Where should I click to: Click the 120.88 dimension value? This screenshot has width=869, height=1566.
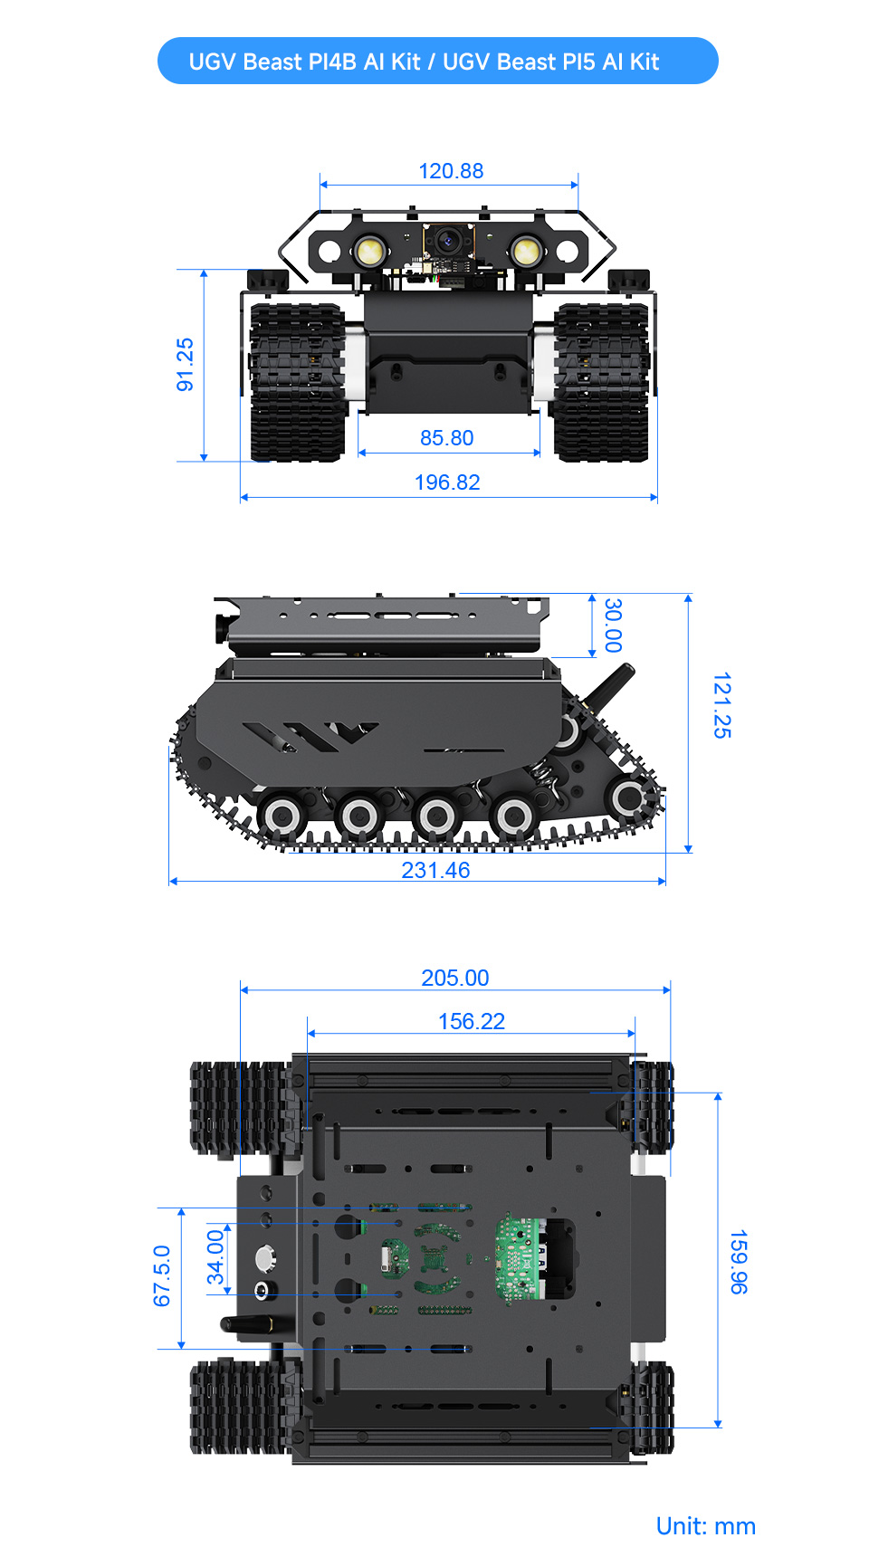click(451, 171)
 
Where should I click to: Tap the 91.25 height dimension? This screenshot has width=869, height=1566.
click(185, 365)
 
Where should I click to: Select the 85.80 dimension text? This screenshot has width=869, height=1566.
click(446, 438)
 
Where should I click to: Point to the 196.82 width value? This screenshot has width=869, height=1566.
click(447, 482)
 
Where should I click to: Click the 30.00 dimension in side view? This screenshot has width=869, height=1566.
click(614, 625)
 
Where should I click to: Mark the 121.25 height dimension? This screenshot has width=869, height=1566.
click(721, 705)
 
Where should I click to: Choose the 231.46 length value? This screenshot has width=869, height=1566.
click(435, 870)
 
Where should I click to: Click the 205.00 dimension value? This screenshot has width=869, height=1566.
click(454, 978)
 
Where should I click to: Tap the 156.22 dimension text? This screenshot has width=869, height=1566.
click(471, 1021)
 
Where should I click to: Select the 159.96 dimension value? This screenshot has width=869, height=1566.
click(739, 1261)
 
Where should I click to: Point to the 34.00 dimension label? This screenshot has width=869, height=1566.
click(215, 1257)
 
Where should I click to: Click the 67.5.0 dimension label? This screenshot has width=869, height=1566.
click(162, 1275)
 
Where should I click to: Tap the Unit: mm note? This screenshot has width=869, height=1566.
click(705, 1526)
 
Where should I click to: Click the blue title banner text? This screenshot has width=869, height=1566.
click(424, 62)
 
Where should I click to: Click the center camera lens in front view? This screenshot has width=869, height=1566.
click(446, 241)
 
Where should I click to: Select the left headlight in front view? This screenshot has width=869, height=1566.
click(368, 251)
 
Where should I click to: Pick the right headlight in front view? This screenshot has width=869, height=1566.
click(524, 251)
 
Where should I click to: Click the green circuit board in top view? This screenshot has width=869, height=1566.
click(519, 1257)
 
